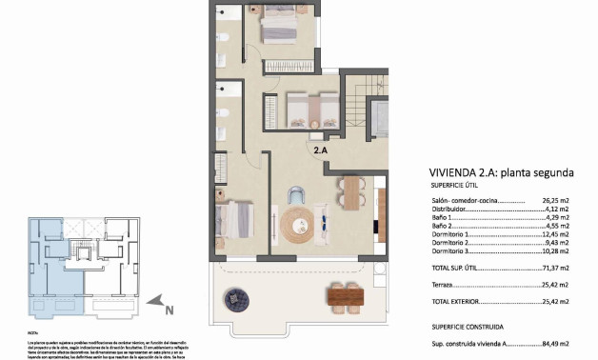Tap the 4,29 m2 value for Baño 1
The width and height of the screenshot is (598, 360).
pyautogui.click(x=557, y=218)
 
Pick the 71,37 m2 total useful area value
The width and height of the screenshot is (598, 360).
pyautogui.click(x=555, y=269)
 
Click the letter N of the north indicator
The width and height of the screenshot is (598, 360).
pyautogui.click(x=168, y=310)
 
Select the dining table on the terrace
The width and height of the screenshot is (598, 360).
pyautogui.click(x=348, y=297)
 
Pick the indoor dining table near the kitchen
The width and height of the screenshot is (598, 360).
pyautogui.click(x=352, y=192)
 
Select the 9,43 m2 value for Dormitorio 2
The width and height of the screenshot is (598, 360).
pyautogui.click(x=557, y=242)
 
